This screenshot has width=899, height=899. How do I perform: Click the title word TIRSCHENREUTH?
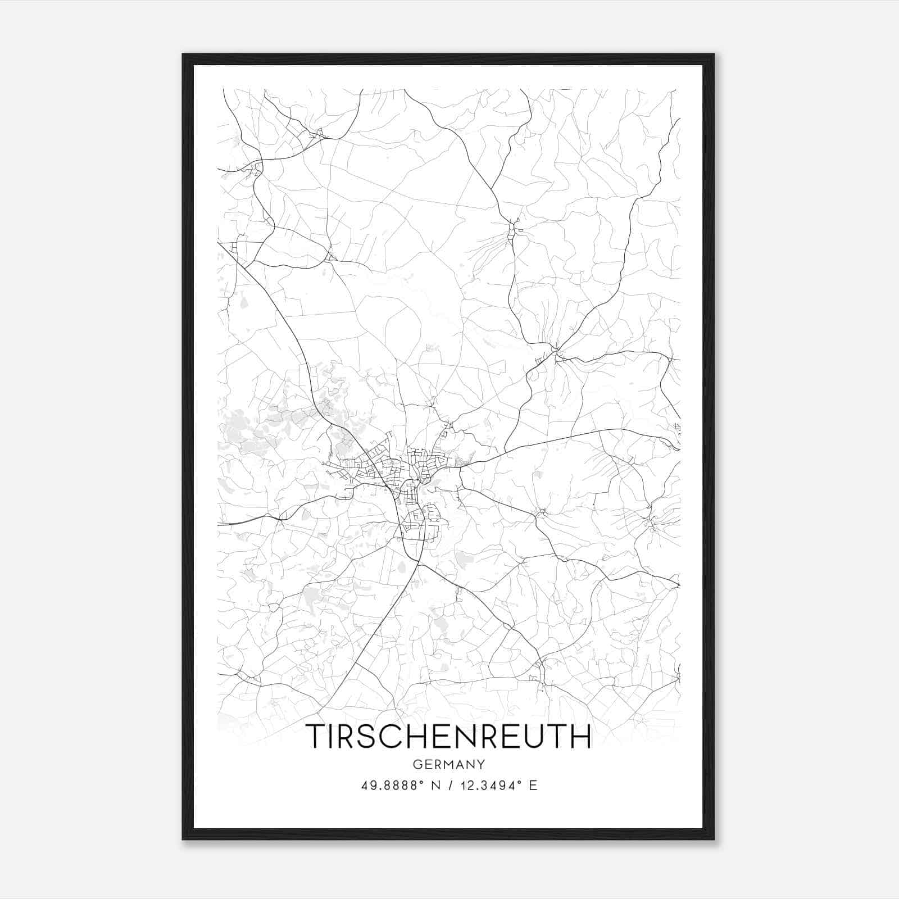click(449, 736)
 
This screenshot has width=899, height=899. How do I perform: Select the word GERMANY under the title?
click(449, 764)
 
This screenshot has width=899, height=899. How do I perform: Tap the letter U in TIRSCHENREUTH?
click(536, 736)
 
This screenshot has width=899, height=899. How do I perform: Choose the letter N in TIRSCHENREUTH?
click(460, 736)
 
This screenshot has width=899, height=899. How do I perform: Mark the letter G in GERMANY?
click(417, 764)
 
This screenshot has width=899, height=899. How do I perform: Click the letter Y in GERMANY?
click(481, 764)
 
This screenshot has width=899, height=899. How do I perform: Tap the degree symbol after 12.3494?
click(520, 782)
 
